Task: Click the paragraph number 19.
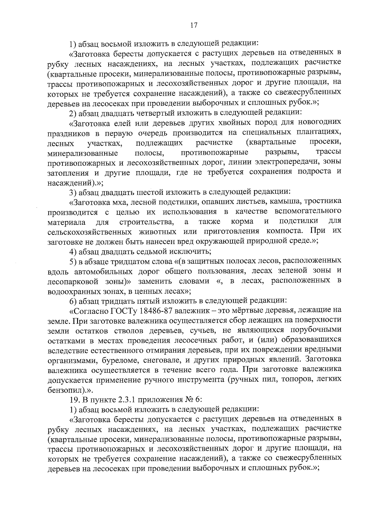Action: pos(74,400)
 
